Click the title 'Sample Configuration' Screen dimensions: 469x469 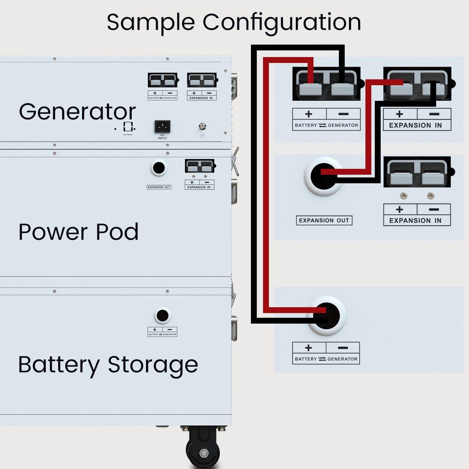coord(234,22)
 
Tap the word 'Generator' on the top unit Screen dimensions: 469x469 coord(77,112)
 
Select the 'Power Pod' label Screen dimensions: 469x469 coord(79,232)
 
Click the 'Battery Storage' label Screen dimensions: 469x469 coord(108,365)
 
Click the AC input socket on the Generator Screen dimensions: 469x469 coord(162,126)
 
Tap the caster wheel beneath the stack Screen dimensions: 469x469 coord(204,449)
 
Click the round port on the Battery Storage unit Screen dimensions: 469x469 coord(162,315)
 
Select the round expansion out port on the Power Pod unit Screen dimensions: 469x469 coord(158,168)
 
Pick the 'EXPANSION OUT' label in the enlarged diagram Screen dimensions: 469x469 coord(324,220)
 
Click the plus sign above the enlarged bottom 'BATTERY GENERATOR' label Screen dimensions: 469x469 coord(308,347)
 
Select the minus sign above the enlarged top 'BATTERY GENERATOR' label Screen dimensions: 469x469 coord(343,114)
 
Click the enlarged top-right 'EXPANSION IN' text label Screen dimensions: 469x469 coord(415,125)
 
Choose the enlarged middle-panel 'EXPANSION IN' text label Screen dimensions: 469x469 coord(415,220)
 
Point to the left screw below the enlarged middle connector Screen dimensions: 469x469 coord(403,195)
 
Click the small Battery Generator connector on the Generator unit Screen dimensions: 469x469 coord(163,81)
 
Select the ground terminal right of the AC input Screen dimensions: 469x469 coord(202,127)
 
